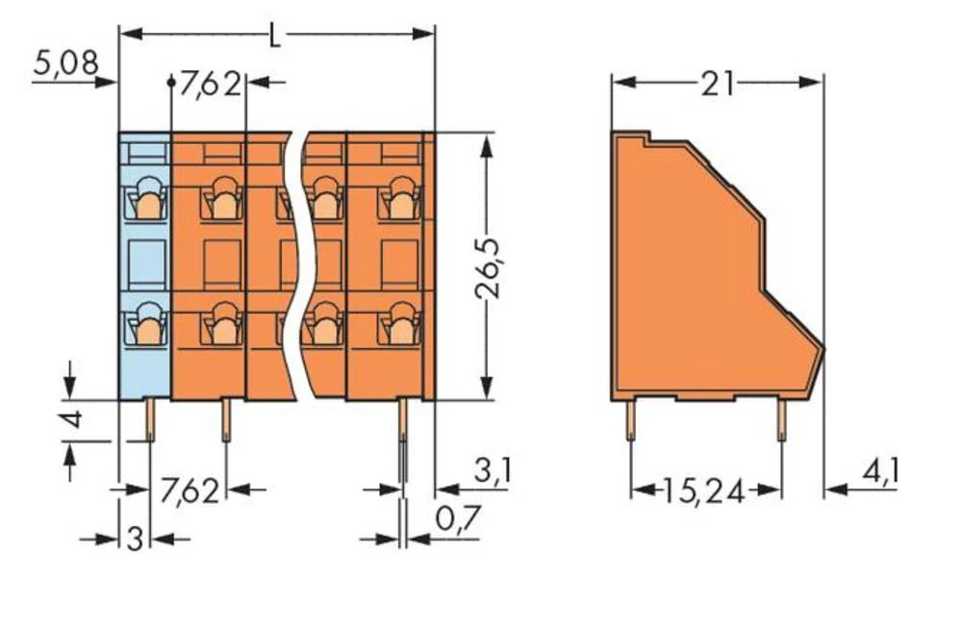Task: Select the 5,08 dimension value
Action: click(65, 64)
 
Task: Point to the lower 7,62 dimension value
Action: click(189, 490)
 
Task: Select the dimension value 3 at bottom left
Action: click(135, 539)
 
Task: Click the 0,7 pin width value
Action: click(458, 520)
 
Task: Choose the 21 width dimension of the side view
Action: click(717, 85)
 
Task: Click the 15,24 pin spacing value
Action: click(704, 491)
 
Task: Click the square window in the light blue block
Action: click(145, 263)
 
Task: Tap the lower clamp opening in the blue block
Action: click(146, 325)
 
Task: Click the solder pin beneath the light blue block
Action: click(152, 419)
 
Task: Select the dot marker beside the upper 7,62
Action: click(172, 84)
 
